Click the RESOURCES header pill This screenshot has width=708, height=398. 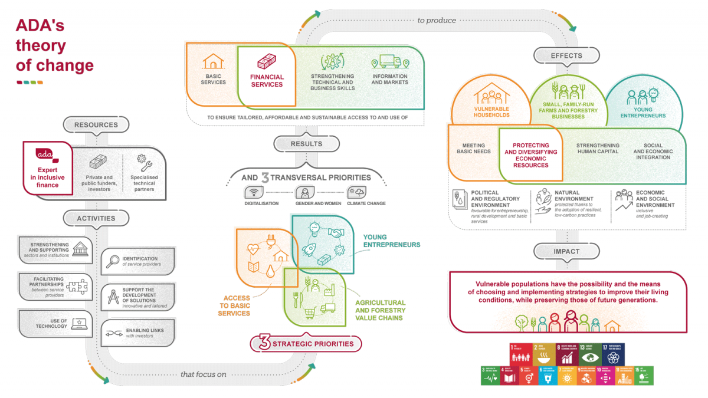(96, 125)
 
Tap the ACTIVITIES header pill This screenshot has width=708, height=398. (96, 218)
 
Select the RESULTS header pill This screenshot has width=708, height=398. (306, 143)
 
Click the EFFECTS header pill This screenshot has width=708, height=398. (566, 55)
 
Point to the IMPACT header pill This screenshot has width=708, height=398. (566, 251)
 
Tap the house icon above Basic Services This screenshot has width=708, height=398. (213, 61)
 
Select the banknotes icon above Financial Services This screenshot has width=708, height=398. (267, 61)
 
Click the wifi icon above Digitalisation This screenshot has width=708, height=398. (253, 192)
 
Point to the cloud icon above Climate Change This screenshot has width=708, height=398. (356, 192)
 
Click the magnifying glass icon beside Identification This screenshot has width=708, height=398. (113, 262)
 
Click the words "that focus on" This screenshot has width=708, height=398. (204, 374)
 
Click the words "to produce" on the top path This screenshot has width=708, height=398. (437, 20)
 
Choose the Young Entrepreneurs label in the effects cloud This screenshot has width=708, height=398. (642, 112)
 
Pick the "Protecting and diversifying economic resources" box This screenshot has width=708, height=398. (530, 155)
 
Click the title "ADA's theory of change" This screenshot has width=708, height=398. (54, 45)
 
